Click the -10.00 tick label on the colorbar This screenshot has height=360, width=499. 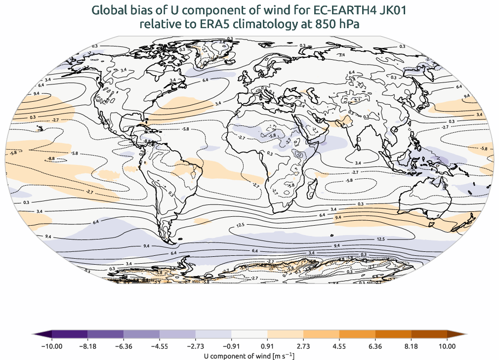coord(51,346)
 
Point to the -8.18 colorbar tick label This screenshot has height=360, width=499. coord(87,346)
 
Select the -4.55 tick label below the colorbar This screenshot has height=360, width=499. coord(160,346)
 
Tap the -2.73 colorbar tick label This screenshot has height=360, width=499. coord(196,346)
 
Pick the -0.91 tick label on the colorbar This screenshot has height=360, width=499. coord(231,346)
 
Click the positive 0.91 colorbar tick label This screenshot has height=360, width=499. coord(267,346)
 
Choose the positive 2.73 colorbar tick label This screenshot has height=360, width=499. coord(303,346)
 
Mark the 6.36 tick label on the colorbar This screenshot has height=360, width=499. coord(375,346)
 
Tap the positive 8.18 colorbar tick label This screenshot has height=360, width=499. coord(412,346)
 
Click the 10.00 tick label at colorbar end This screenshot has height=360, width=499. coord(447,346)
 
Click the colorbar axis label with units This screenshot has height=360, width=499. coord(249,356)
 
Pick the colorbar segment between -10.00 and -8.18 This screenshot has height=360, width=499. coord(69,334)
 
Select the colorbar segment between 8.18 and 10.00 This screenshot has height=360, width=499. coord(429,334)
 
